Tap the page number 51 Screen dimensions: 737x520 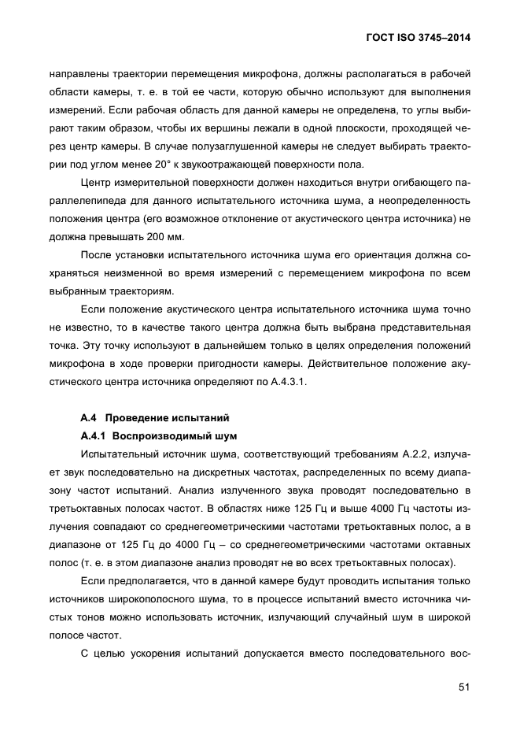[x=463, y=687]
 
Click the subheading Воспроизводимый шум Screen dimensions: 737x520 [x=175, y=435]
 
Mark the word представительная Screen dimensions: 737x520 [x=426, y=328]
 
